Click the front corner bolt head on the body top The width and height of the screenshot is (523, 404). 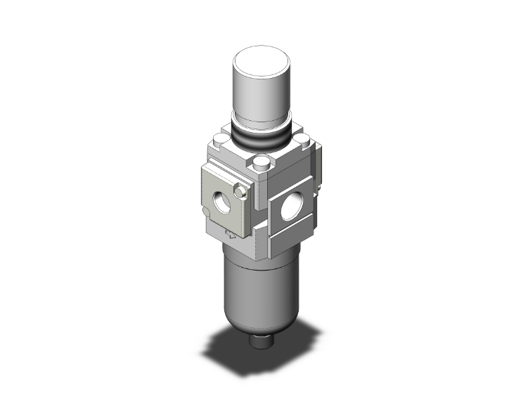[x=262, y=164]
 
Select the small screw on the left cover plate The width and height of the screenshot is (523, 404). [x=241, y=191]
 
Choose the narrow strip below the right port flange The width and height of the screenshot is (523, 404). [x=295, y=242]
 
